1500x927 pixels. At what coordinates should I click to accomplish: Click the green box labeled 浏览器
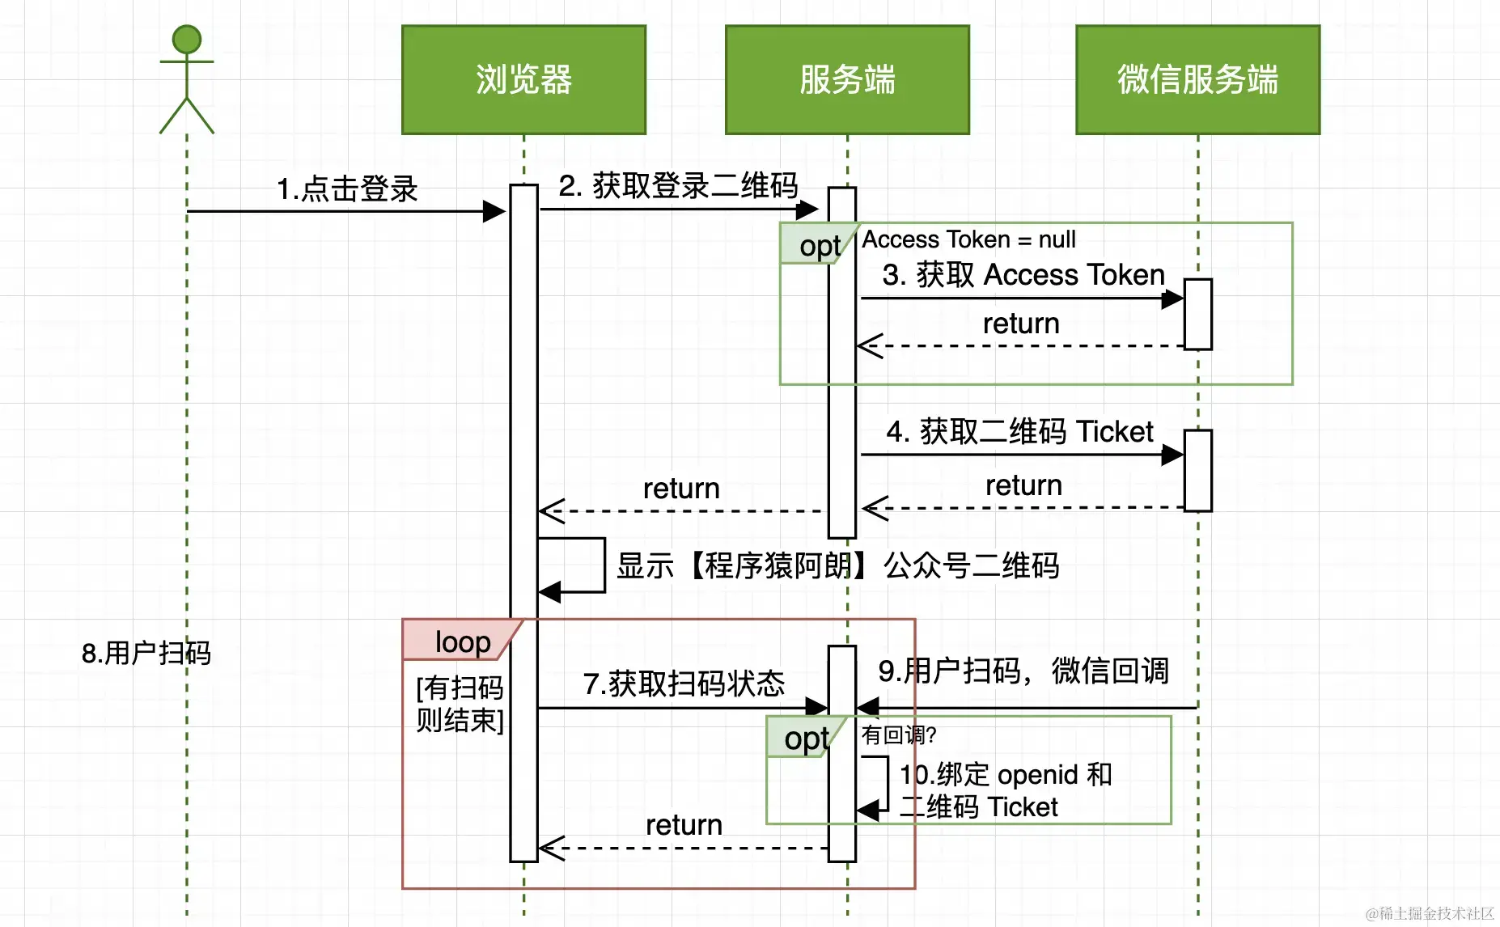523,79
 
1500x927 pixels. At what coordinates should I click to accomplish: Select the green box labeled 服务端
847,79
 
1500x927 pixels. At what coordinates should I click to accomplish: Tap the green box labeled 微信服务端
1197,79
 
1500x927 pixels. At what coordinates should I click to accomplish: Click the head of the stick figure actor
187,40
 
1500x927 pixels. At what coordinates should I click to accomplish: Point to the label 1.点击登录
347,189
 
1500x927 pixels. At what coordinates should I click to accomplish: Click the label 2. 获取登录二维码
678,186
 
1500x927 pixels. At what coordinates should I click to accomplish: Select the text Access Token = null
968,239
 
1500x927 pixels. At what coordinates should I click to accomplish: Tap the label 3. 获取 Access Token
1023,275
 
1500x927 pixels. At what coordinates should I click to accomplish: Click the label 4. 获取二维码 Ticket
1019,432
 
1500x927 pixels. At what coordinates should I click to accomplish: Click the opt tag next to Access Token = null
817,245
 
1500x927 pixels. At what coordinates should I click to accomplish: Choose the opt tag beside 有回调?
804,738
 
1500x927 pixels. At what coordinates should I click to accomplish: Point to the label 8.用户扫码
146,653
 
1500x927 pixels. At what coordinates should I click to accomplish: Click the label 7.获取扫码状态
684,684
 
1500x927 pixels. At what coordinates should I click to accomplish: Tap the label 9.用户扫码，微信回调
1023,671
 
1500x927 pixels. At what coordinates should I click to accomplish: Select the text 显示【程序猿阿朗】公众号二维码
837,565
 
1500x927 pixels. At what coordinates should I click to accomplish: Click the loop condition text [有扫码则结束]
460,704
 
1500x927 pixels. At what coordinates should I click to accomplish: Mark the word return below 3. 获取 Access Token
1021,324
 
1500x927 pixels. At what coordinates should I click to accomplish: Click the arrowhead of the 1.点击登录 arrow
494,212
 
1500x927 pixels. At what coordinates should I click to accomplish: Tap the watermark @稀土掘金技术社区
1430,913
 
